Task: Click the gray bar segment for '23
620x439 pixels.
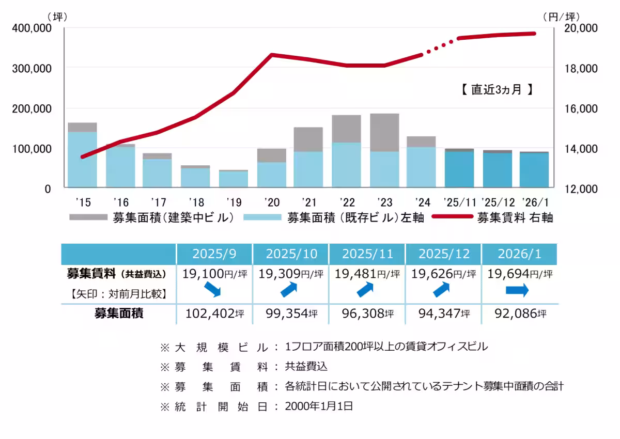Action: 384,132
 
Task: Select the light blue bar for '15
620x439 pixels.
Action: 83,159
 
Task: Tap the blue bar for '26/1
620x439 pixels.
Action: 534,170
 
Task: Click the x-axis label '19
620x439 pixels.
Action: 233,201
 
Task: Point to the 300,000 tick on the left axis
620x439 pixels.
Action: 32,68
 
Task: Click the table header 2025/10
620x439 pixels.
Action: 291,254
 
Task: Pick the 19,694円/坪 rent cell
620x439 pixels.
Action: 519,274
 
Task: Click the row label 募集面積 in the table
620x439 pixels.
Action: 119,313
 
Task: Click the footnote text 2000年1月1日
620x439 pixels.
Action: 319,406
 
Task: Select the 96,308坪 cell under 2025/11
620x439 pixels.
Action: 367,313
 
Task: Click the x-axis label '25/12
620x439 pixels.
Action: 498,201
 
